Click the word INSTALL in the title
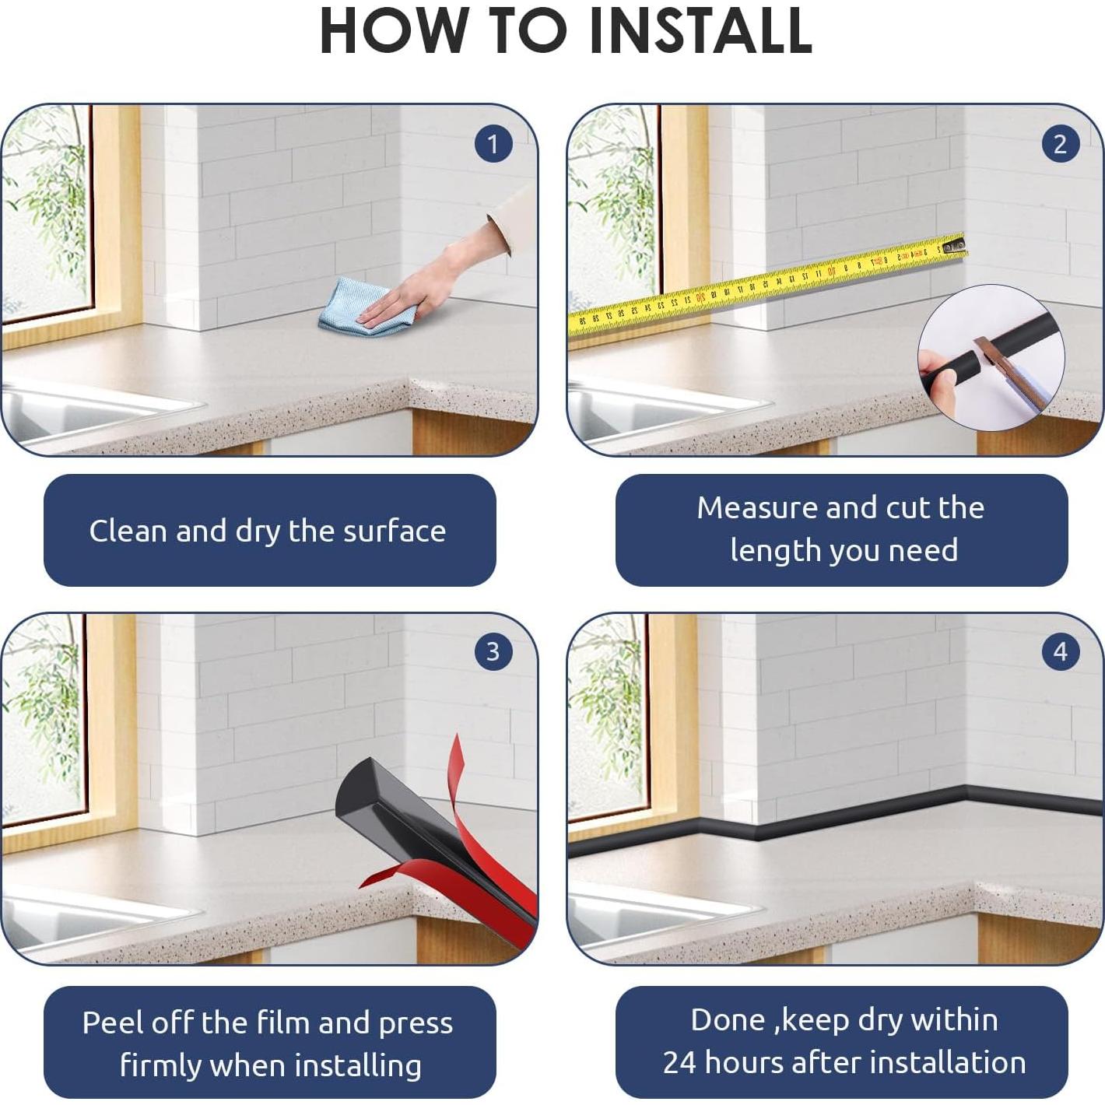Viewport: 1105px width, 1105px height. coord(700,31)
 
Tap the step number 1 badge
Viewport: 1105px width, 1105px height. coord(493,144)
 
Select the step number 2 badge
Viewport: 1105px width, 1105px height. coord(1061,144)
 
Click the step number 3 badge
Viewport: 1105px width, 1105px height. coord(493,652)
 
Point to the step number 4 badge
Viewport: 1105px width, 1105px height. coord(1061,652)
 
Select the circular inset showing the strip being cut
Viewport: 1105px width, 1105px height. coord(991,359)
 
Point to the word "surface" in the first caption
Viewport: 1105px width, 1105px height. coord(395,531)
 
